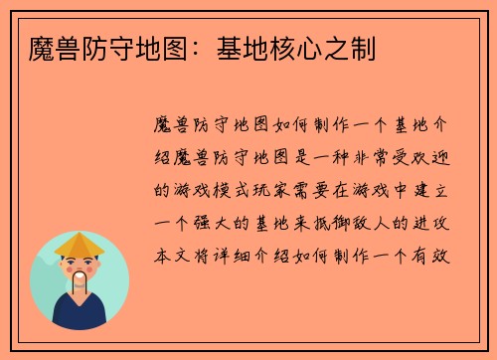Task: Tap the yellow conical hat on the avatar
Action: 80,245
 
